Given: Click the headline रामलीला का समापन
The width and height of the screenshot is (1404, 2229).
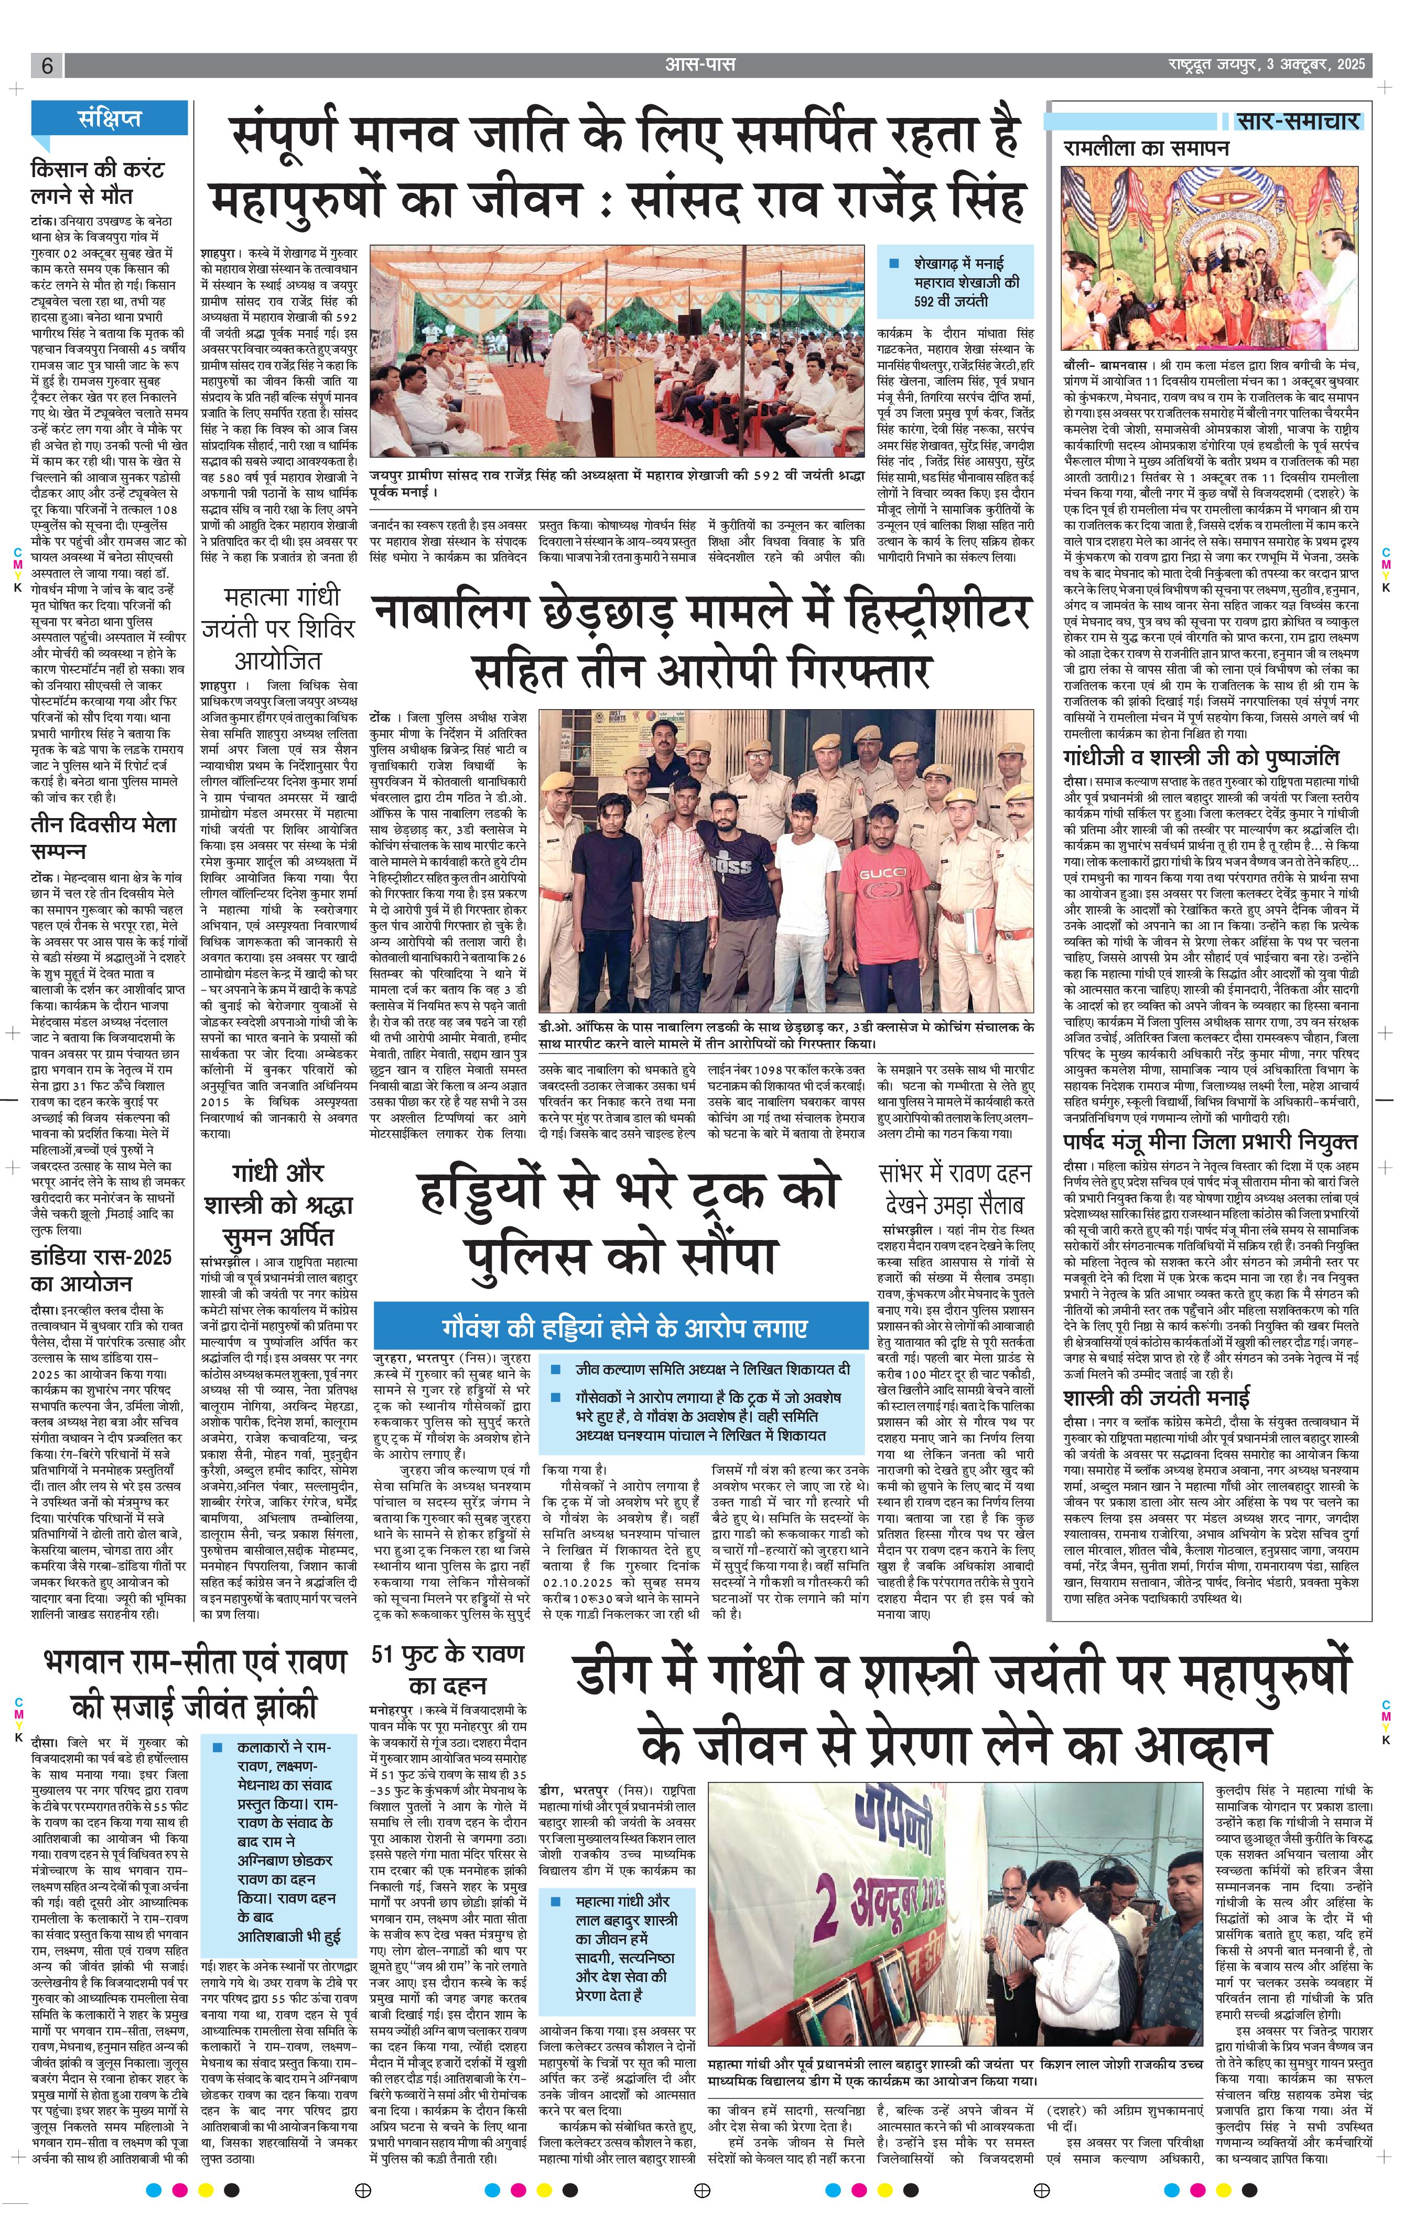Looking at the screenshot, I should point(1146,148).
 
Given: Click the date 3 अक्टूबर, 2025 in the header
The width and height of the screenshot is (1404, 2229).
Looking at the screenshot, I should point(1319,66).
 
